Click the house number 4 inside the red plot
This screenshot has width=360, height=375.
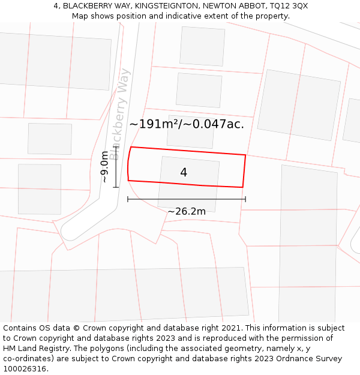pyautogui.click(x=184, y=173)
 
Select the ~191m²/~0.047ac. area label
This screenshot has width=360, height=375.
pyautogui.click(x=187, y=124)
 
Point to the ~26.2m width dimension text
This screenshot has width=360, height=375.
pyautogui.click(x=187, y=211)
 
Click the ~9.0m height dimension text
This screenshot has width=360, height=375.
pyautogui.click(x=104, y=167)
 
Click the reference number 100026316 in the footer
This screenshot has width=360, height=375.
pyautogui.click(x=25, y=369)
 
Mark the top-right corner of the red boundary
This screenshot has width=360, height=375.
pyautogui.click(x=245, y=155)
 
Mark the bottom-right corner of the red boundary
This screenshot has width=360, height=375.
pyautogui.click(x=242, y=187)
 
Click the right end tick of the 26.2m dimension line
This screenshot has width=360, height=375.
pyautogui.click(x=245, y=199)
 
